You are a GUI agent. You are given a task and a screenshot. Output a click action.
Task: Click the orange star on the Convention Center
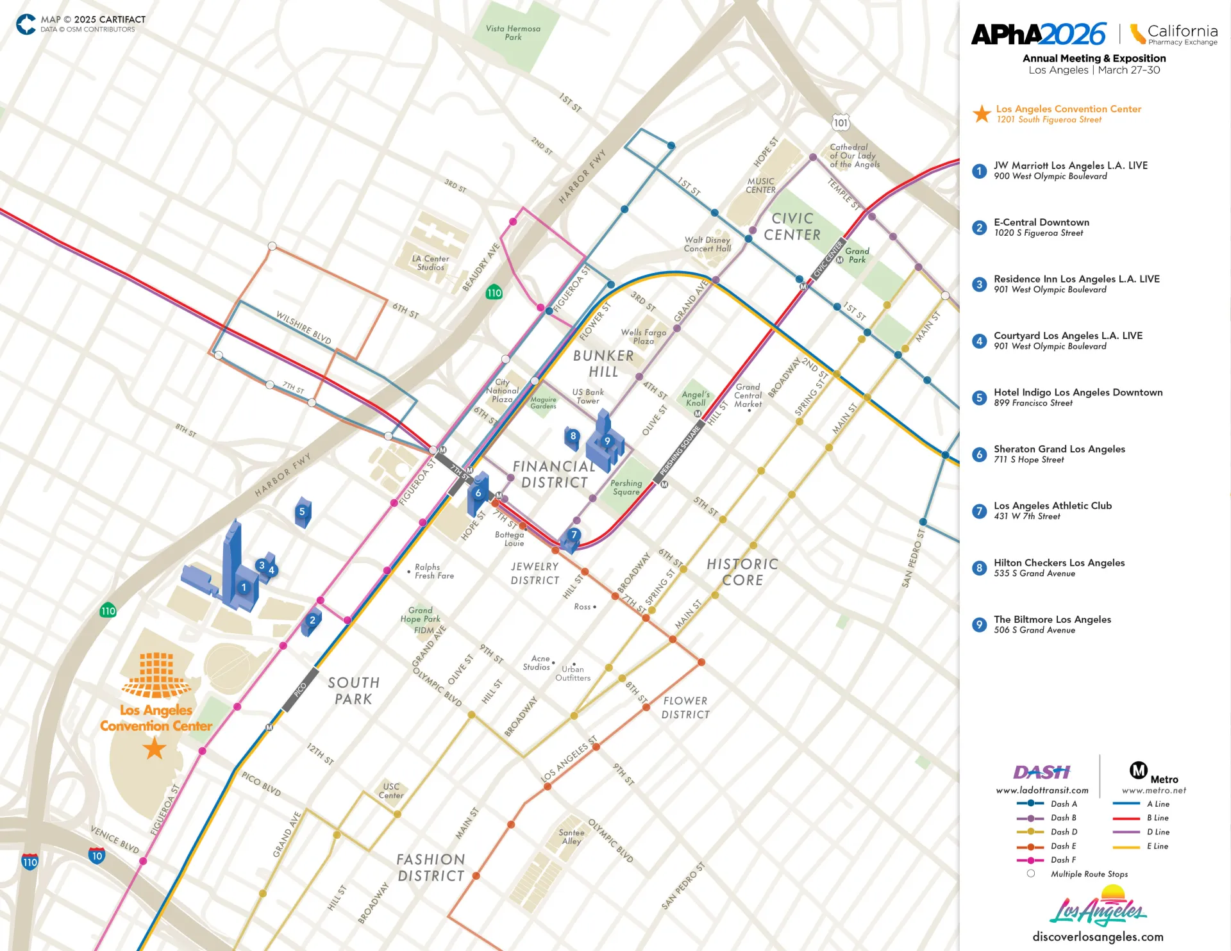(155, 748)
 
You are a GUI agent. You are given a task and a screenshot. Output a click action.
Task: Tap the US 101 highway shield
(841, 123)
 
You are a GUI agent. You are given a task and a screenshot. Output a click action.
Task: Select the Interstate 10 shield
(97, 856)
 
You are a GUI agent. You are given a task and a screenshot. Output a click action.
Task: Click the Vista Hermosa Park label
(513, 33)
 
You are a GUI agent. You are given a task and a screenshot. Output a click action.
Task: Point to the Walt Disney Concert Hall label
(707, 244)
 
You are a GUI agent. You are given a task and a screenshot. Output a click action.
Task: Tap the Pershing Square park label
(626, 488)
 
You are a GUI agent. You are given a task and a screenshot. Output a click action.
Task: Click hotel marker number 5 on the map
(302, 511)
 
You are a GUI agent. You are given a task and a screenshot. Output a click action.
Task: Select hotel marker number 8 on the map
(573, 436)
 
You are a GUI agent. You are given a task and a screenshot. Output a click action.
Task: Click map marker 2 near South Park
(312, 620)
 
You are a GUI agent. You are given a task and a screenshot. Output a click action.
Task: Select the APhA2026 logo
(1039, 35)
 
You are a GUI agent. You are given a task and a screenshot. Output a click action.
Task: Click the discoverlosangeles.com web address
(1098, 937)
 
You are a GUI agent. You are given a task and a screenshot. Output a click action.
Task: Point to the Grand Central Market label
(748, 395)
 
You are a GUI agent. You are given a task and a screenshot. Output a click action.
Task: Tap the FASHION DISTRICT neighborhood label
(430, 868)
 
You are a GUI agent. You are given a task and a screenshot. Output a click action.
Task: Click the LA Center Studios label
(430, 263)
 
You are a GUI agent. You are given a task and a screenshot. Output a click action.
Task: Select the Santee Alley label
(571, 837)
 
